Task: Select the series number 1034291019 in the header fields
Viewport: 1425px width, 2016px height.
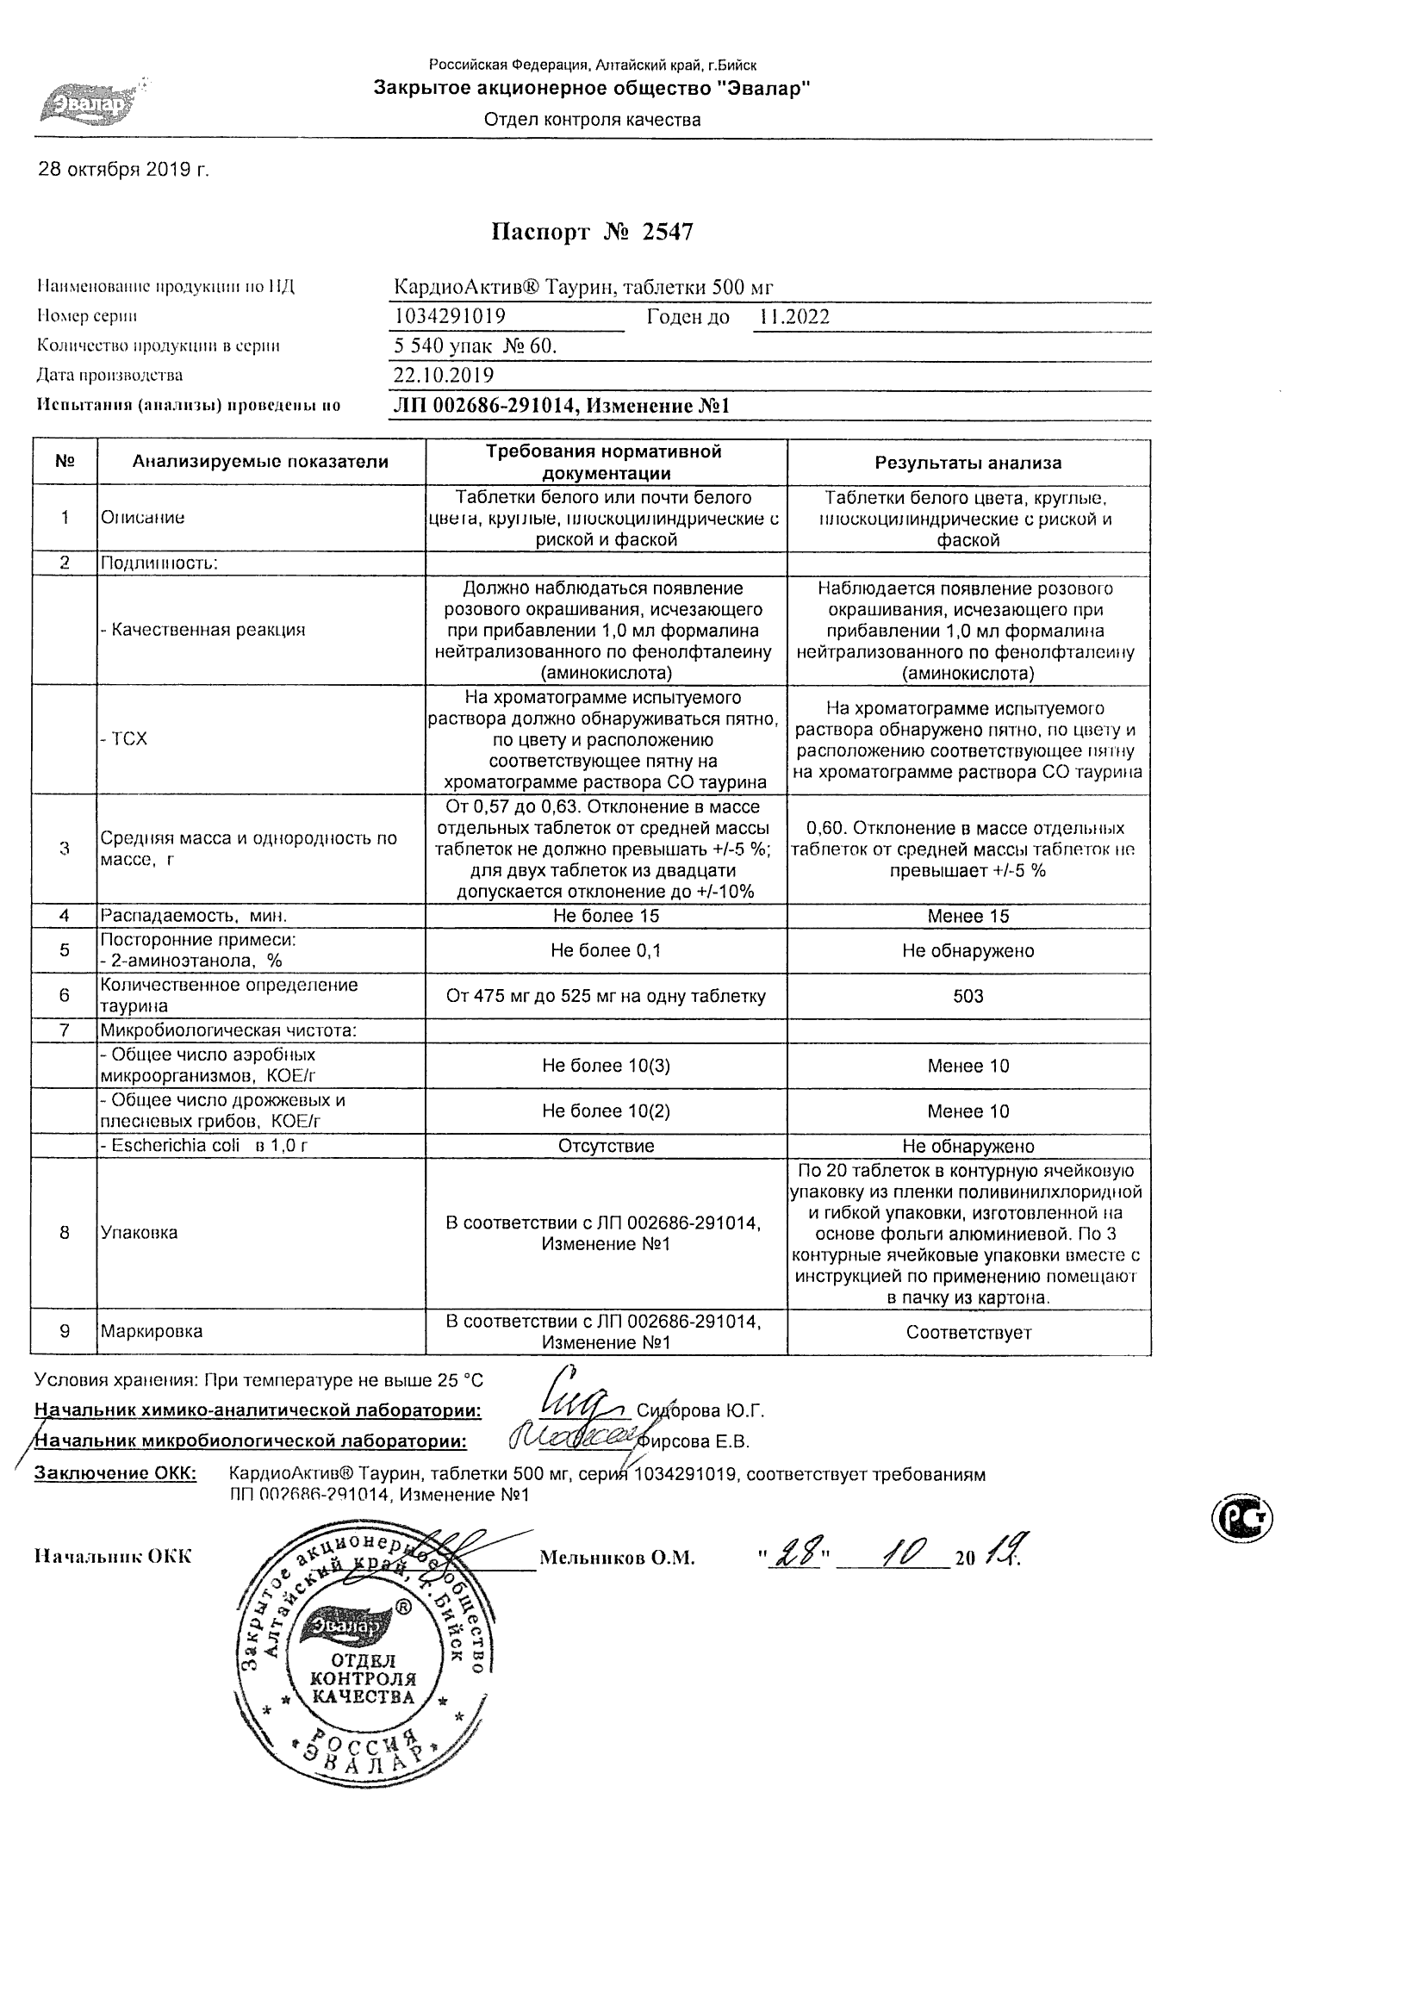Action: [x=450, y=316]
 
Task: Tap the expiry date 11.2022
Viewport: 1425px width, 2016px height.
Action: [x=793, y=317]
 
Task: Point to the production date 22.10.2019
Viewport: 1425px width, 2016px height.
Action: [x=444, y=376]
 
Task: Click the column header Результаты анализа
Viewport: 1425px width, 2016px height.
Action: [x=968, y=463]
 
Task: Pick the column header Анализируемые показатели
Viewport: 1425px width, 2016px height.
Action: [x=260, y=462]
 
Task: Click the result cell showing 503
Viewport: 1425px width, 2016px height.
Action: [x=968, y=996]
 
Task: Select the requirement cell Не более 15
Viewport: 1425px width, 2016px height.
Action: [x=606, y=916]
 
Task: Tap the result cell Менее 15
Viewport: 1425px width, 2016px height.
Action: [x=968, y=916]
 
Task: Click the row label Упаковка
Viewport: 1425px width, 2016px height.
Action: [x=139, y=1232]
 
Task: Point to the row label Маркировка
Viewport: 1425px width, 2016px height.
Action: [x=151, y=1331]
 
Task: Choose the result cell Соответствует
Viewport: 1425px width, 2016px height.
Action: [x=968, y=1332]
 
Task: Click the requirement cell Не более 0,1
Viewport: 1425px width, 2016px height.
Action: [x=606, y=950]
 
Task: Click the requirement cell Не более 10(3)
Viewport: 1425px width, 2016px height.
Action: [x=606, y=1065]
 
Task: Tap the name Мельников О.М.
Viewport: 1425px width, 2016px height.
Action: [x=616, y=1558]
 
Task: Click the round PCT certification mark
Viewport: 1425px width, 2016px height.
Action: [x=1241, y=1516]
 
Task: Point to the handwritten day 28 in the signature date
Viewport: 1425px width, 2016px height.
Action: [x=793, y=1555]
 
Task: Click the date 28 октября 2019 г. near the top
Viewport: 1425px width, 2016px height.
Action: [x=124, y=170]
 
